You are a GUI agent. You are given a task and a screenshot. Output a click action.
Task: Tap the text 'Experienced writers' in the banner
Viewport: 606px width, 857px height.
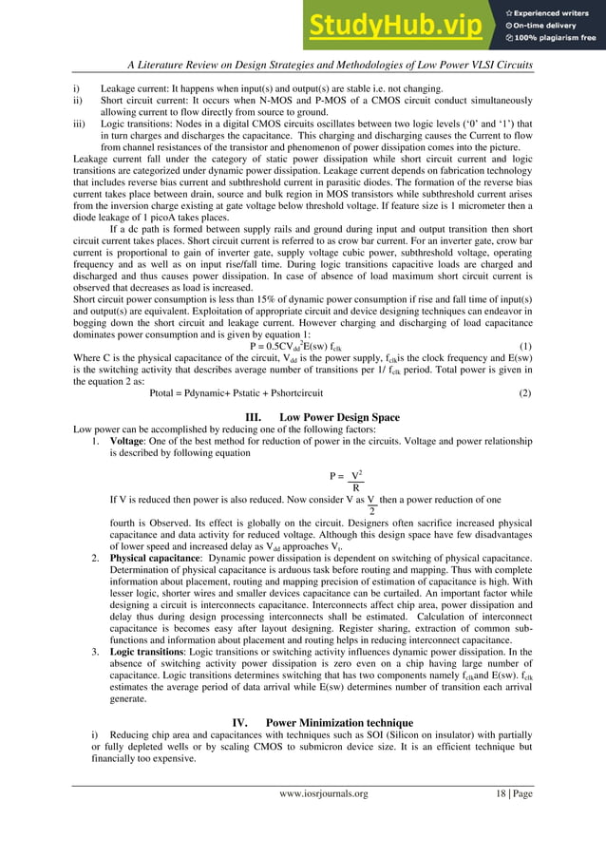coord(555,10)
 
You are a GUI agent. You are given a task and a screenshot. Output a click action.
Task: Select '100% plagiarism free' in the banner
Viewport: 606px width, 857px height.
coord(555,38)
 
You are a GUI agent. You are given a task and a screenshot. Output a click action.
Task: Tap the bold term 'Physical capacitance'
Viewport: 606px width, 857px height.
coord(156,558)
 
